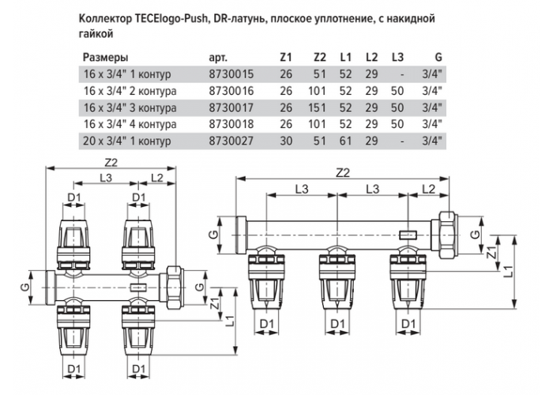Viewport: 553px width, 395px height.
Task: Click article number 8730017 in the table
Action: (231, 107)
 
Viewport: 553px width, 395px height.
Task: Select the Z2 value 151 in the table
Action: (317, 107)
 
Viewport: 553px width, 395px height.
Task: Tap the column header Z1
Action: (286, 57)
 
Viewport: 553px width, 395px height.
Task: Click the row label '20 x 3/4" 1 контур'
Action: (127, 141)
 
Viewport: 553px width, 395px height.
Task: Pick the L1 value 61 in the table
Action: (346, 141)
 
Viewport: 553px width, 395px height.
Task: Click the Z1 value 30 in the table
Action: (286, 141)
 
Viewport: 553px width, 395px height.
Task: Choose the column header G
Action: (438, 57)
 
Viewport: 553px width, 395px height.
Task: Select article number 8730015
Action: (231, 74)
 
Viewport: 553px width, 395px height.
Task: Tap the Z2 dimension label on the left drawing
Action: (111, 162)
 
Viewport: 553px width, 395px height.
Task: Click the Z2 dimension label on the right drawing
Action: (343, 173)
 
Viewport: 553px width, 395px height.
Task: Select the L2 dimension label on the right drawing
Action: (428, 189)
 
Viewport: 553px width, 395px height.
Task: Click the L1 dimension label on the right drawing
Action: (508, 272)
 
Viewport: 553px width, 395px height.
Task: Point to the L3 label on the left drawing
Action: (105, 178)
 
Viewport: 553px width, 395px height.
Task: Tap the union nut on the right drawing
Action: (448, 235)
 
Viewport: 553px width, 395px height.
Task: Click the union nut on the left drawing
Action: (174, 288)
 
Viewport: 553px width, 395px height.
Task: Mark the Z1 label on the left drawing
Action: (215, 303)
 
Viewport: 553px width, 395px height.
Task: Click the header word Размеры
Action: (105, 58)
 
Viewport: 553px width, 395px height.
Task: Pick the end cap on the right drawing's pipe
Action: (242, 235)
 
